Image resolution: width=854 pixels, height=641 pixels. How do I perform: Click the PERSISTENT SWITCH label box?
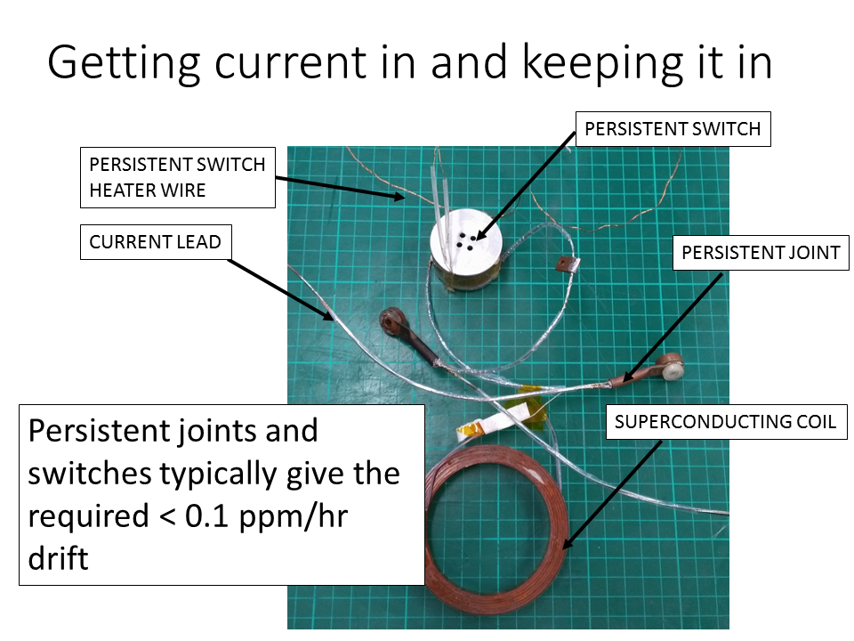(x=673, y=129)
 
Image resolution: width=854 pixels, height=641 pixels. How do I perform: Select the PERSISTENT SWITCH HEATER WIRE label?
(x=177, y=177)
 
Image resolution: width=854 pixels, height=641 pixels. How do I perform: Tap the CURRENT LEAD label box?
(x=155, y=242)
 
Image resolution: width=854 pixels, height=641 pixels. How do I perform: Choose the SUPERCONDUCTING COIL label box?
(x=726, y=422)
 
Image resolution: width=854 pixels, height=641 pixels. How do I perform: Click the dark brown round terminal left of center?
(x=391, y=320)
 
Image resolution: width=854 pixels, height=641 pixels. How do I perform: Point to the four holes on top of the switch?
(x=466, y=239)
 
